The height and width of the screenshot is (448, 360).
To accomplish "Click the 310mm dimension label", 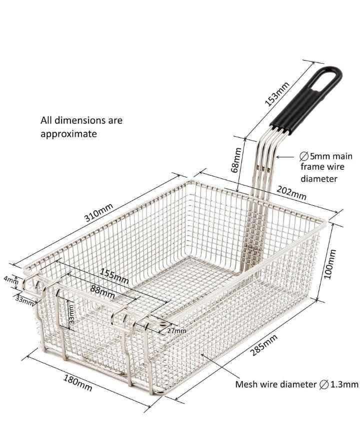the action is (x=99, y=213).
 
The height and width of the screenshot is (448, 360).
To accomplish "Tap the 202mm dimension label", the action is (x=291, y=193).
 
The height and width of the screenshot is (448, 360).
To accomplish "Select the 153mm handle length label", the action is (x=277, y=94).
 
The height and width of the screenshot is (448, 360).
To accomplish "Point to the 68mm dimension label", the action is (x=236, y=160).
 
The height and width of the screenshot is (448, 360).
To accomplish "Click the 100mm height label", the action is (x=330, y=264).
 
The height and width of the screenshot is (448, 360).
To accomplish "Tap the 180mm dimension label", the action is (x=77, y=383).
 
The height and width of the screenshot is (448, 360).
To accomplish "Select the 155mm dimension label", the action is (x=114, y=276).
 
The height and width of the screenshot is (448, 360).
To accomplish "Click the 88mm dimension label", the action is (x=102, y=292).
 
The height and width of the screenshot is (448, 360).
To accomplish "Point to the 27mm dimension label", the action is (x=176, y=331).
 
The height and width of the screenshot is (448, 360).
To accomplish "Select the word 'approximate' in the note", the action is (x=68, y=134).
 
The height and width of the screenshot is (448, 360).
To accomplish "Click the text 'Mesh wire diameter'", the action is (x=276, y=384).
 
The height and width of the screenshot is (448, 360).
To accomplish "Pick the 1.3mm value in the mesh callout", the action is (x=344, y=384).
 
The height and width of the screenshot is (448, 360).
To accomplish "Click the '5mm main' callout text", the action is (x=331, y=156).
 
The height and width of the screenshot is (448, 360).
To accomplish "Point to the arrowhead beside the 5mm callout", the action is (x=278, y=157).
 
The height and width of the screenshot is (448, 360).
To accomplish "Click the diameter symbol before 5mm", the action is (x=304, y=156).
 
